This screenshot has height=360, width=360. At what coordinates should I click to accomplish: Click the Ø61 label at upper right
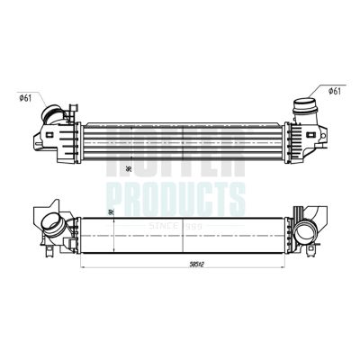point(333,91)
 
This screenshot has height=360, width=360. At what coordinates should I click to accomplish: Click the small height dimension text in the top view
point(131,166)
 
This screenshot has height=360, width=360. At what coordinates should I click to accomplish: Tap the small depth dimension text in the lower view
point(110,212)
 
